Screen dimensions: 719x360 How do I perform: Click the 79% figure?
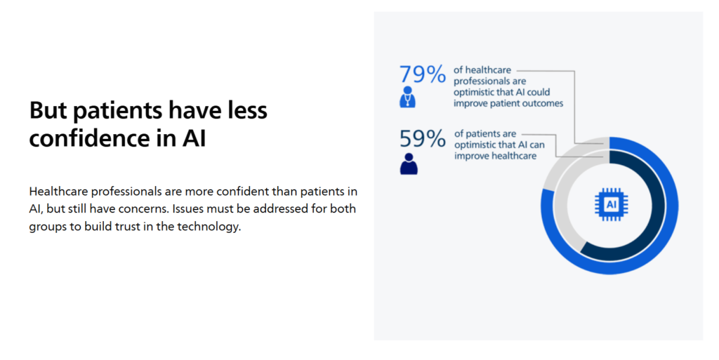click(422, 74)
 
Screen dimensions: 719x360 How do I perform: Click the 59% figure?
click(422, 138)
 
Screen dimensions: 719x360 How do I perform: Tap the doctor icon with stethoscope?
click(408, 97)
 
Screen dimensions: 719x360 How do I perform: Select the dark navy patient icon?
click(409, 164)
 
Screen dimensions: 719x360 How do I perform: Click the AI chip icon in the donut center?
click(612, 204)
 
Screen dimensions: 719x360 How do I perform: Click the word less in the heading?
click(248, 110)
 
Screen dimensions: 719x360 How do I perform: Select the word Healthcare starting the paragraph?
click(59, 191)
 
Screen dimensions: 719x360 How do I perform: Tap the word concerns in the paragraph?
click(147, 209)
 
